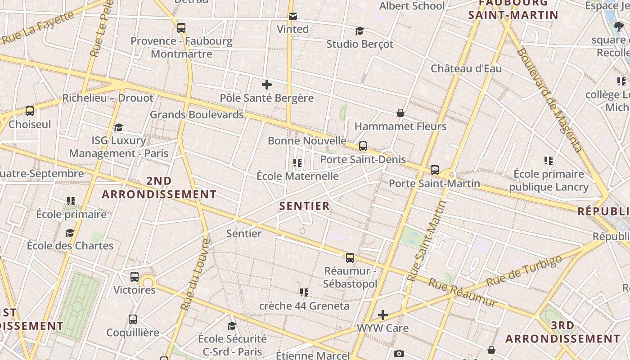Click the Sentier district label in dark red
(305, 206)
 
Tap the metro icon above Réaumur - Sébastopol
(350, 258)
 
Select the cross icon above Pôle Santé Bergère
(267, 85)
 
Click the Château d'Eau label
(466, 68)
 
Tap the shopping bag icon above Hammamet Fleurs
(400, 113)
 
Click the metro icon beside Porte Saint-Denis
(363, 146)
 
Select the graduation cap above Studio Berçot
(360, 31)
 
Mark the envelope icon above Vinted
(293, 16)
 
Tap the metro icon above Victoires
(135, 277)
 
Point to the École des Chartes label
(70, 246)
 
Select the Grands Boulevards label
(197, 114)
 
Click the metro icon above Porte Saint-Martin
(435, 170)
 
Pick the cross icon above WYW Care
(383, 315)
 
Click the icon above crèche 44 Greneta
(304, 292)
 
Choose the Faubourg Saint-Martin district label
(513, 9)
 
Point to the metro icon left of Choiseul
(30, 111)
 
